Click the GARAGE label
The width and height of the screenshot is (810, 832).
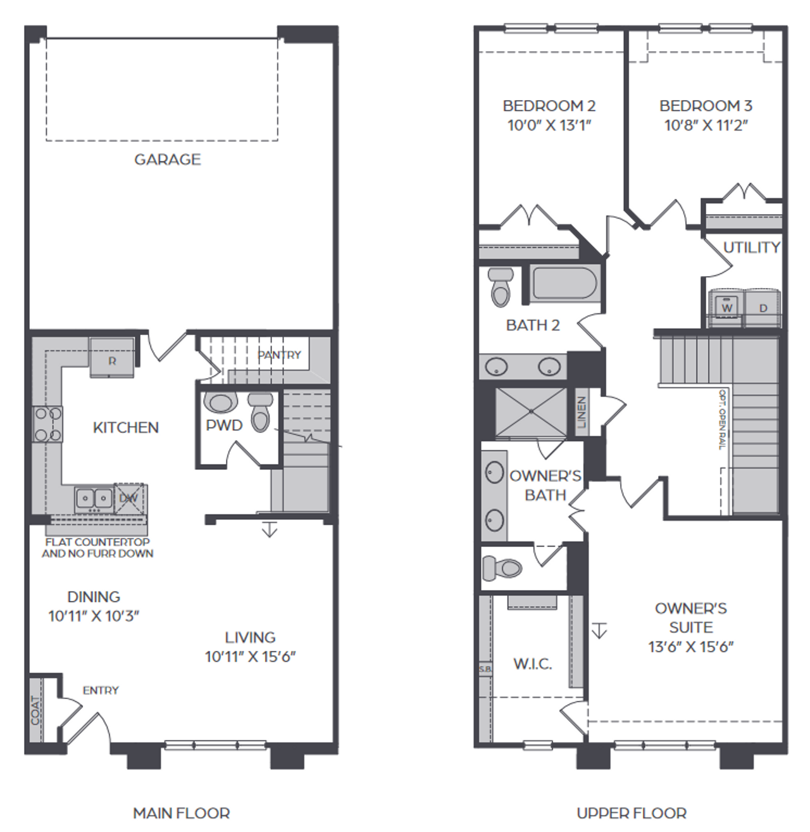click(167, 160)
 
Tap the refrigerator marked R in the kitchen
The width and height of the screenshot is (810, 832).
click(112, 358)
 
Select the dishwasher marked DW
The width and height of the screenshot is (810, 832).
click(129, 498)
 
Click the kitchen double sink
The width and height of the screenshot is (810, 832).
click(94, 498)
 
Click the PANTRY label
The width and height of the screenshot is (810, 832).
click(279, 355)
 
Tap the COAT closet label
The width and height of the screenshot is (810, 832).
click(35, 710)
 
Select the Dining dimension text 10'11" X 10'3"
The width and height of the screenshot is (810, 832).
click(94, 615)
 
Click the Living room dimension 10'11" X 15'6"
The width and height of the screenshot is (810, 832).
click(250, 657)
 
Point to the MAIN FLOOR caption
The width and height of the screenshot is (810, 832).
click(182, 813)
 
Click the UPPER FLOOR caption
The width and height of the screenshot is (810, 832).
click(632, 813)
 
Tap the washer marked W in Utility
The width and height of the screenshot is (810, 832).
click(727, 308)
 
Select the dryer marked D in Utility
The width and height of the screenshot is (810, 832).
click(763, 308)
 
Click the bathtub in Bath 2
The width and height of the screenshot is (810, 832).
click(564, 284)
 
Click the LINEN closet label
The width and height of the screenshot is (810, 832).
click(582, 412)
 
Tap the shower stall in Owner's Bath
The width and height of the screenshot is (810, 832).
click(531, 412)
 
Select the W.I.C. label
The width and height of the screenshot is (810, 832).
click(532, 664)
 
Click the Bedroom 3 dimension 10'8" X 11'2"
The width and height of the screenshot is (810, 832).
click(706, 125)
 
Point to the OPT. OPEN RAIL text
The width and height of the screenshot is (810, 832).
click(722, 419)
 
